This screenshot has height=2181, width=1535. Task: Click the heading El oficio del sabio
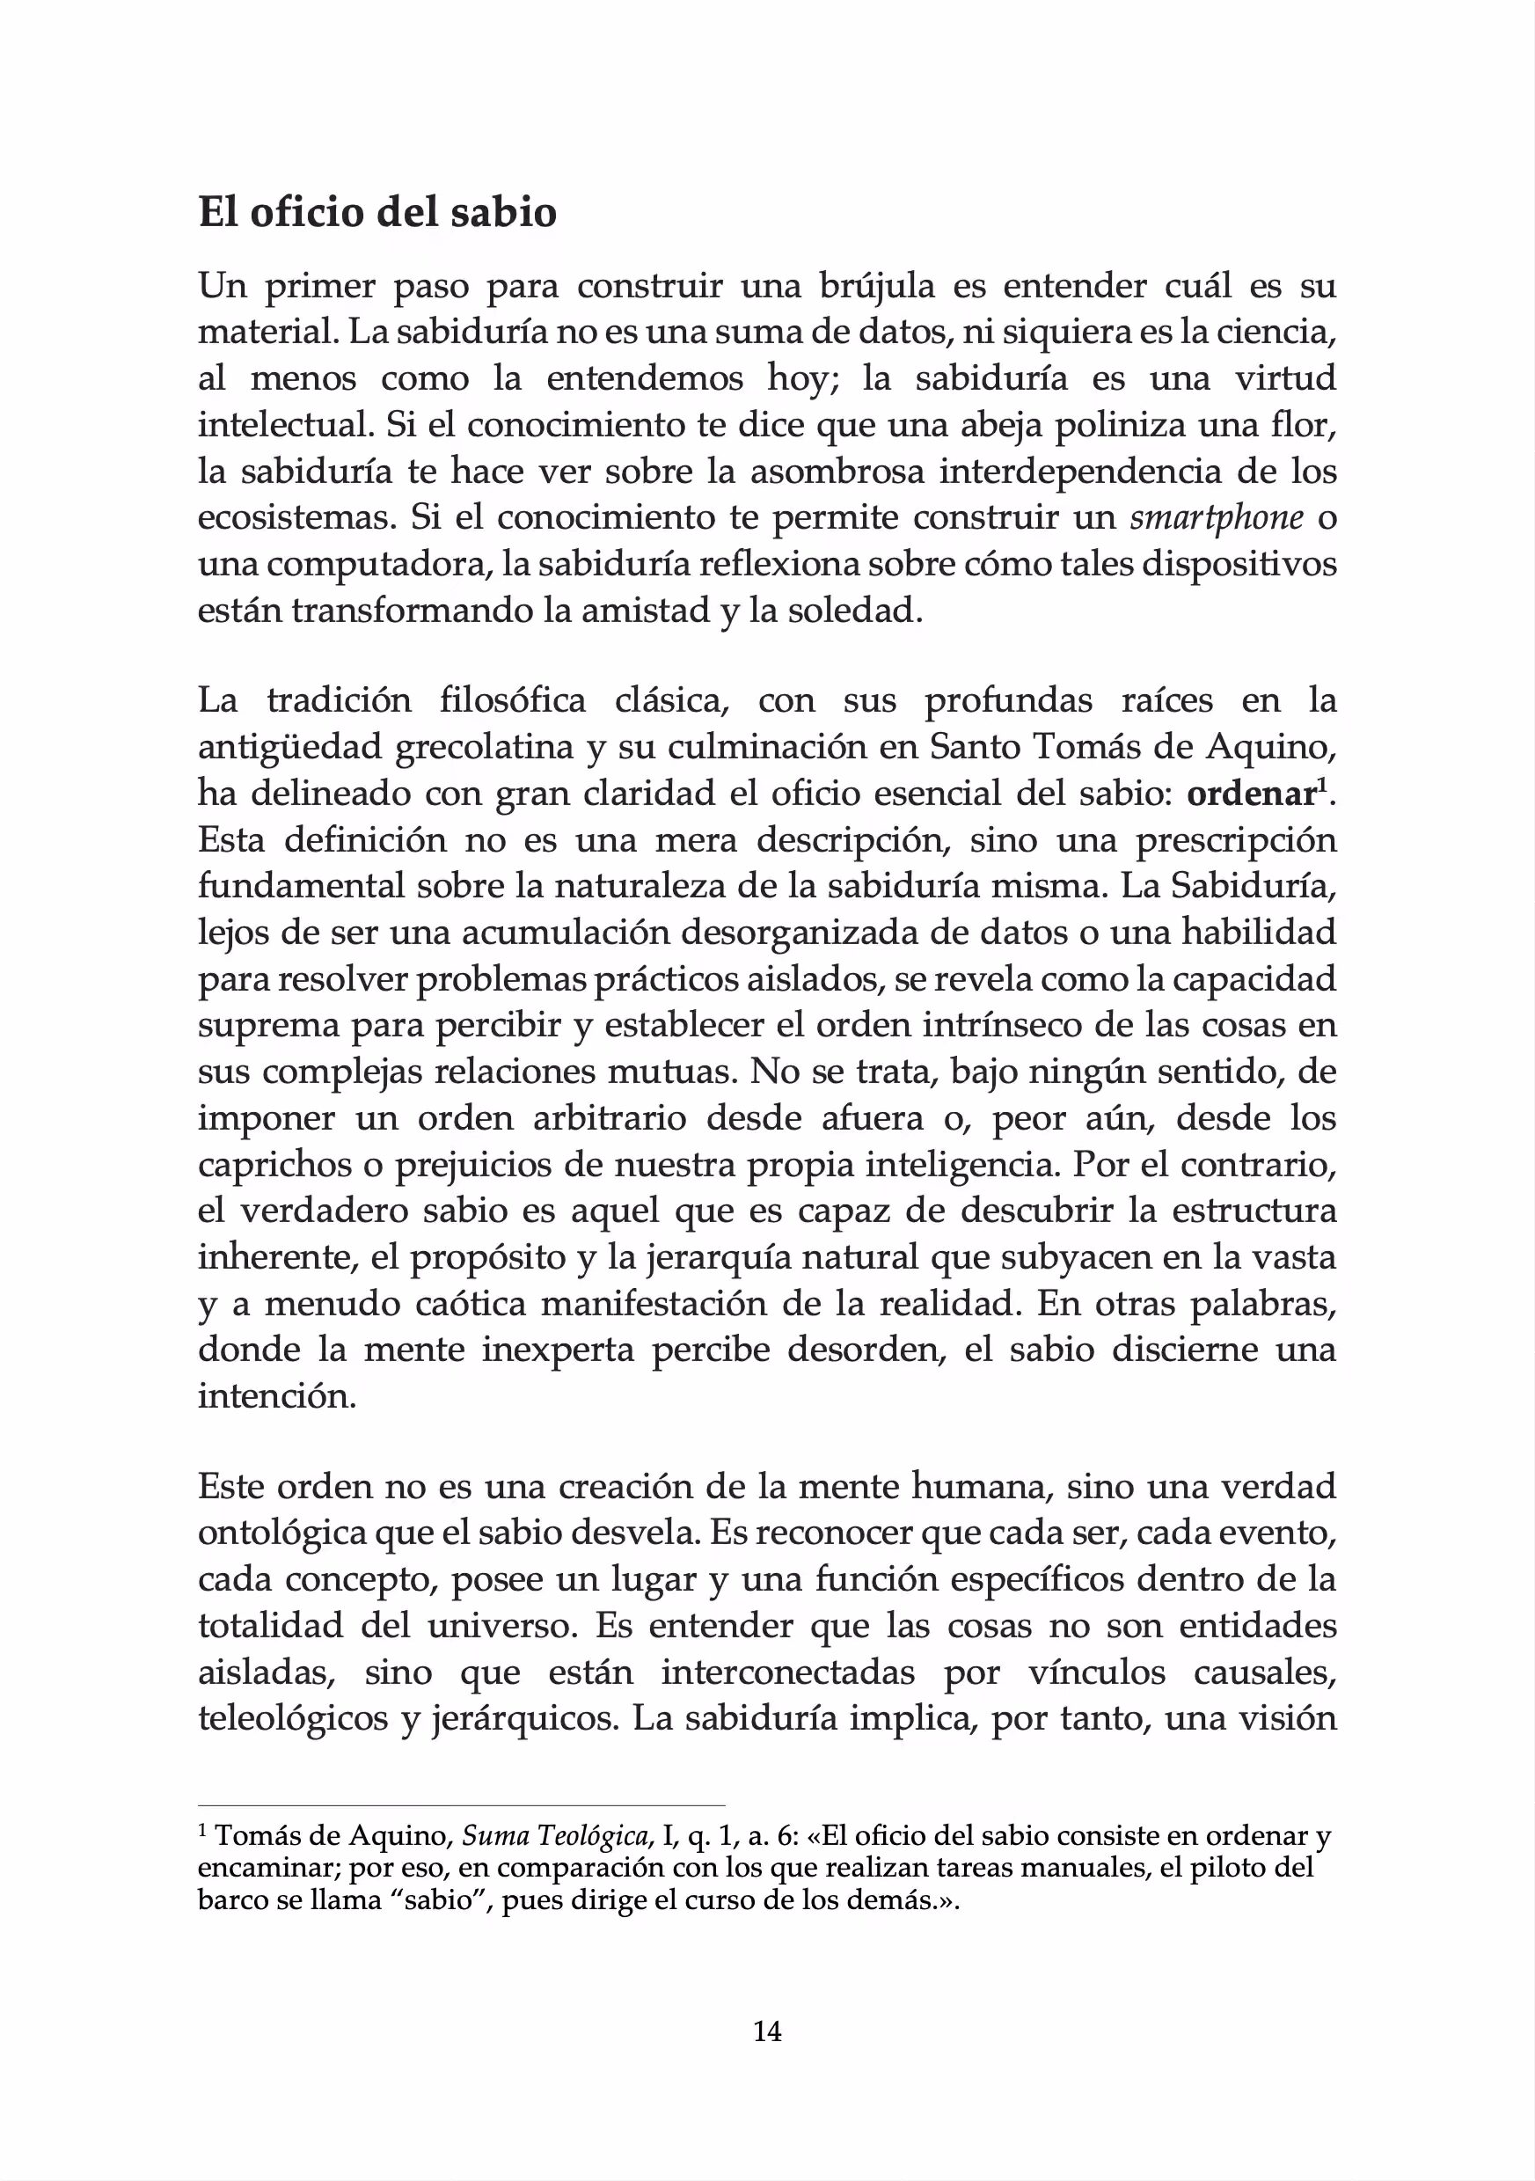tap(377, 213)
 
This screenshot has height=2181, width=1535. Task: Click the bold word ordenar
tap(1249, 794)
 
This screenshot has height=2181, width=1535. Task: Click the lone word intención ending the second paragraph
tap(276, 1397)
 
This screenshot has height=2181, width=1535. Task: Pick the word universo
tap(502, 1625)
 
